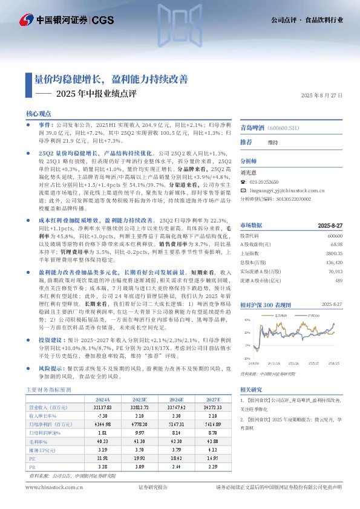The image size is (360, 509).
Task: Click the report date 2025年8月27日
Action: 321,96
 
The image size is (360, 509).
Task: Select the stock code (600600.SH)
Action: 285,128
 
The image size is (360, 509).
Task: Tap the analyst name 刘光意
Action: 249,172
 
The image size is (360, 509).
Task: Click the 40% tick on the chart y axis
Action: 246,319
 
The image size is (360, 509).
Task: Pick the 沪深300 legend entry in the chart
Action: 313,315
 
